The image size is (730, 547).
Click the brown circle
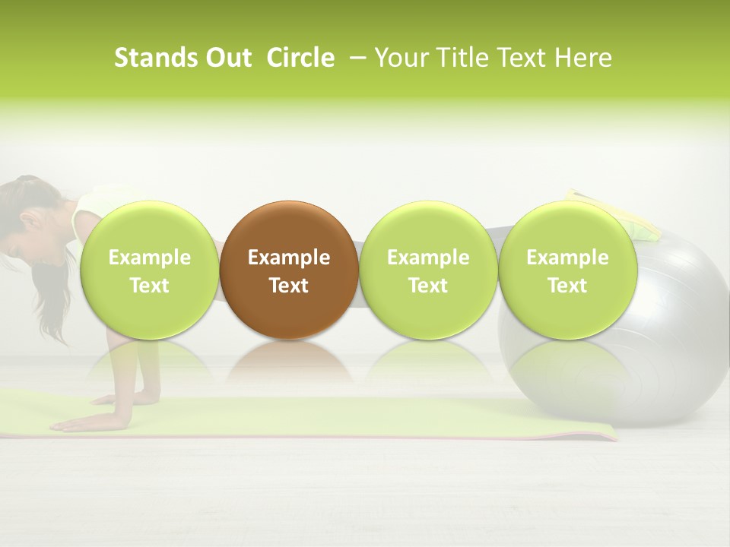click(x=289, y=270)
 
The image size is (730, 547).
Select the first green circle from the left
click(x=149, y=270)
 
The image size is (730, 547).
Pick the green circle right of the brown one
click(x=428, y=270)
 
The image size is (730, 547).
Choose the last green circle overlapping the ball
click(x=567, y=270)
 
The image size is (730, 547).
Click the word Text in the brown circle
click(x=289, y=286)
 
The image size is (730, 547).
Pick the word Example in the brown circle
click(x=289, y=258)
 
